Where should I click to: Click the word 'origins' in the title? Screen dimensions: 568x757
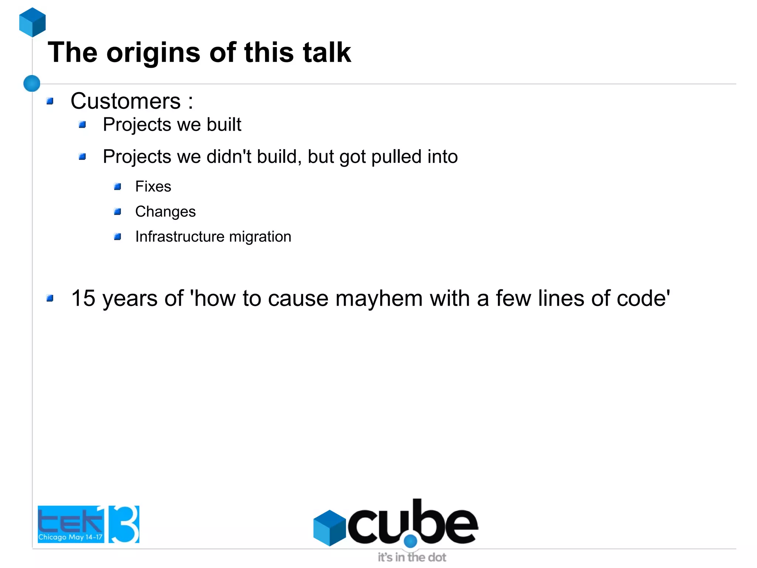pyautogui.click(x=153, y=53)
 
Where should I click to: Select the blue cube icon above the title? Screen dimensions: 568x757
pyautogui.click(x=33, y=22)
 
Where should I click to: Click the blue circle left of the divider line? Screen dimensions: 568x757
pyautogui.click(x=32, y=83)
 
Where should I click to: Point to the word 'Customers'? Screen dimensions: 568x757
pyautogui.click(x=125, y=101)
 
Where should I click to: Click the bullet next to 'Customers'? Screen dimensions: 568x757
pyautogui.click(x=50, y=101)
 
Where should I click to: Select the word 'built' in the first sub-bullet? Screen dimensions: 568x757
pyautogui.click(x=224, y=124)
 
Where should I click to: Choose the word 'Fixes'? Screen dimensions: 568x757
pyautogui.click(x=153, y=186)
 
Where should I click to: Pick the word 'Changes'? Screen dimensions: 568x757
pyautogui.click(x=165, y=212)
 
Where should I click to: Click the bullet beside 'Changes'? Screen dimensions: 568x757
pyautogui.click(x=118, y=212)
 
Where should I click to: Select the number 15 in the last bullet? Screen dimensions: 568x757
pyautogui.click(x=83, y=298)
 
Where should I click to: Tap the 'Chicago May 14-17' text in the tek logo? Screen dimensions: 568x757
pyautogui.click(x=70, y=537)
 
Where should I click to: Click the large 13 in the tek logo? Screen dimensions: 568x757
pyautogui.click(x=122, y=524)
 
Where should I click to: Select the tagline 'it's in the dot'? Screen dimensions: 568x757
pyautogui.click(x=412, y=557)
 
